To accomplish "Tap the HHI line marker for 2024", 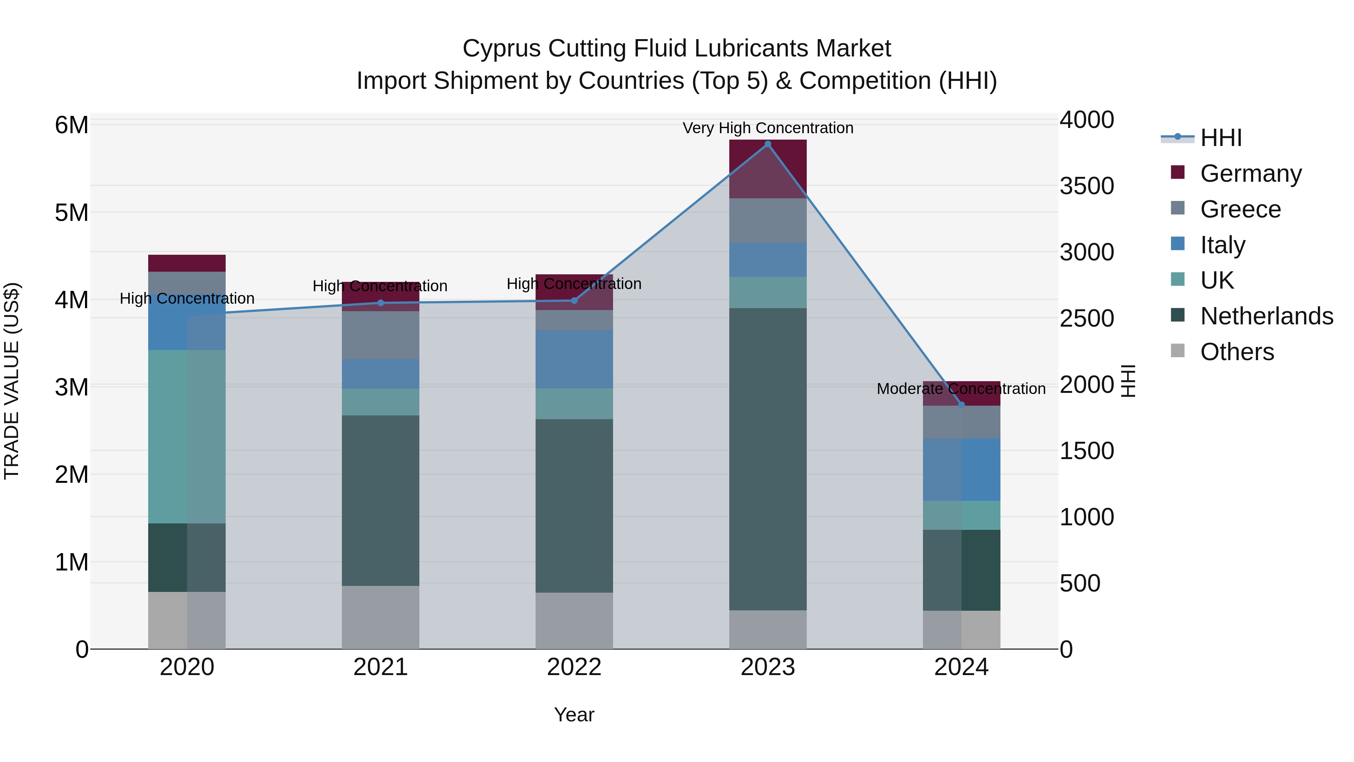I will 961,405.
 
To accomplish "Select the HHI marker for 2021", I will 381,303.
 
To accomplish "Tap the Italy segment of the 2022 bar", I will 574,359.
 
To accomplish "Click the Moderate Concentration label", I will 961,389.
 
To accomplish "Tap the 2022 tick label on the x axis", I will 574,667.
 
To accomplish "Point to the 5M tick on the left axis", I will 71,213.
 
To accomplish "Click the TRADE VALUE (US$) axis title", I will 12,381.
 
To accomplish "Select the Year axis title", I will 574,715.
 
